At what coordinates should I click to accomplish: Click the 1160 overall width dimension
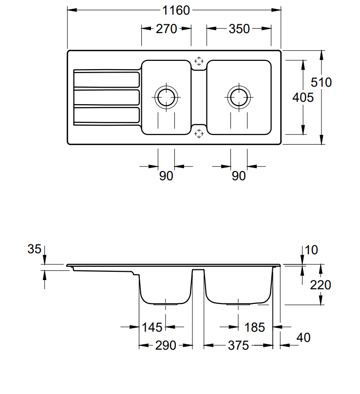coord(173,10)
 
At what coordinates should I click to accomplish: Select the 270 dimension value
coord(166,29)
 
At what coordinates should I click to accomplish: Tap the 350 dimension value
coord(239,29)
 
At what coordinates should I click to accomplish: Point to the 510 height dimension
coord(322,82)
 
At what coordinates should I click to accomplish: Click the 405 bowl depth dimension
coord(303,97)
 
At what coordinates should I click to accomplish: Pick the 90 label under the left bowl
coord(166,176)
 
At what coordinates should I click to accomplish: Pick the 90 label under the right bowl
coord(239,176)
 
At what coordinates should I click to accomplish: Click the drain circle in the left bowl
coord(166,97)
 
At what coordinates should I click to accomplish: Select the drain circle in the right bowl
coord(239,97)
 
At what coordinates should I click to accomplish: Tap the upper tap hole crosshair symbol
coord(198,61)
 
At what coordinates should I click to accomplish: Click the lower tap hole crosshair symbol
coord(198,133)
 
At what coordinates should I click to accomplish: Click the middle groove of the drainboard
coord(106,97)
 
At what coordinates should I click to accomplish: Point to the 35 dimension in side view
coord(35,250)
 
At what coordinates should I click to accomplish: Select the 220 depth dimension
coord(321,284)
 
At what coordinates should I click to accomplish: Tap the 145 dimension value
coord(152,327)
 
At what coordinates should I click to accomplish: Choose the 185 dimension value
coord(254,327)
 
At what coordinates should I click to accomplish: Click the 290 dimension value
coord(166,346)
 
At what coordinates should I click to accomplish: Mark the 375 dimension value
coord(239,346)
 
